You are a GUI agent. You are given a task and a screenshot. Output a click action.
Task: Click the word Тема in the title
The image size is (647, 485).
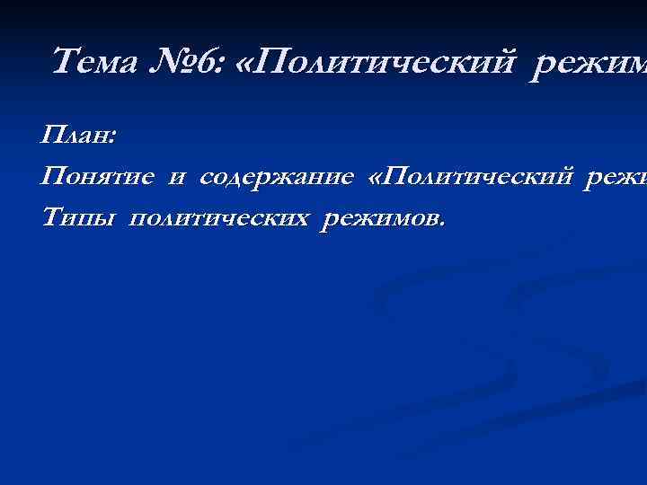pyautogui.click(x=90, y=63)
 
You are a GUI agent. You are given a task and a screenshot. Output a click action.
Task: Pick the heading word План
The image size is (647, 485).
pyautogui.click(x=75, y=137)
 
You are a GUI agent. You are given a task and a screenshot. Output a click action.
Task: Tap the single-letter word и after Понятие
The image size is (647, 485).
pyautogui.click(x=176, y=178)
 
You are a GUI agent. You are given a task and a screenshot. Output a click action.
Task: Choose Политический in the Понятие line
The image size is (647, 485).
pyautogui.click(x=481, y=178)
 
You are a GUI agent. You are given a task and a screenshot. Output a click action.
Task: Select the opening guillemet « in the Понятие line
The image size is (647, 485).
pyautogui.click(x=376, y=178)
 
